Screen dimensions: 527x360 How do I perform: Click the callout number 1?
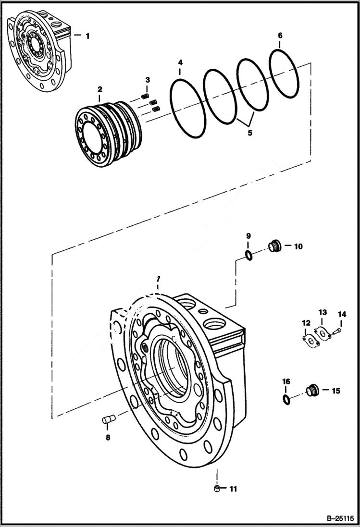tap(87, 36)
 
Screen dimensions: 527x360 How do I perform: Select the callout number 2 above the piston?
tap(99, 89)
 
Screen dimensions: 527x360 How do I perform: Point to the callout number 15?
tap(335, 391)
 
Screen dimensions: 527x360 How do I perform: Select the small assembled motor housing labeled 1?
tap(38, 53)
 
